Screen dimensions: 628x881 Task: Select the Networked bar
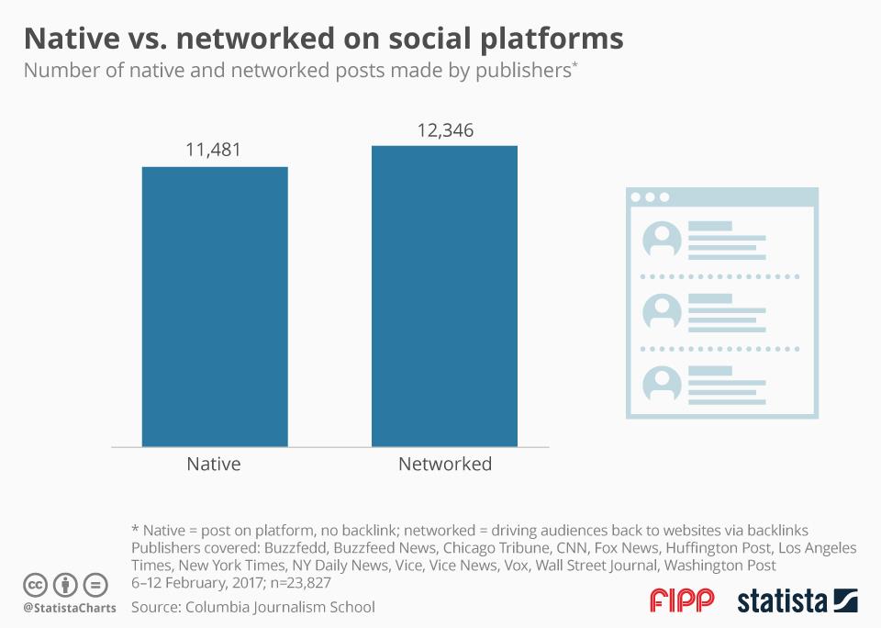click(444, 296)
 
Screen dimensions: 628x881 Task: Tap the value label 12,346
click(443, 129)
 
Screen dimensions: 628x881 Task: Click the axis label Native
click(214, 464)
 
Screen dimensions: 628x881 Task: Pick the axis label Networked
click(445, 464)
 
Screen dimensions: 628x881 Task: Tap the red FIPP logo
click(682, 601)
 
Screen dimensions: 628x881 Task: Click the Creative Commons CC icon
click(36, 584)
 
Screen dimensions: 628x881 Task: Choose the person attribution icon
click(65, 584)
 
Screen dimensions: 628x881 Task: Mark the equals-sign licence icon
click(95, 584)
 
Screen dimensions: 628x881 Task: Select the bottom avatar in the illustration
click(661, 384)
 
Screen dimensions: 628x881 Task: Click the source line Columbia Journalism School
click(252, 607)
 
